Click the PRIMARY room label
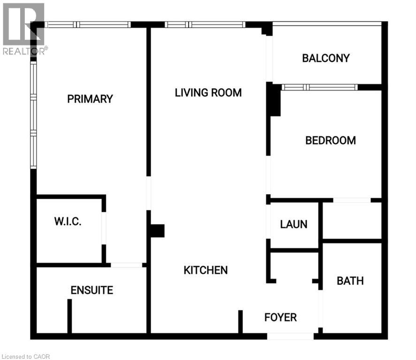90,99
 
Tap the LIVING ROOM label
208,92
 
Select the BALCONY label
326,58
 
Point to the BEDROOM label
331,140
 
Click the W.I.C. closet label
68,222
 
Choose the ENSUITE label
92,290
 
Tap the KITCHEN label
205,270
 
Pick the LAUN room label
294,224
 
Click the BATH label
350,281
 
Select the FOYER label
280,317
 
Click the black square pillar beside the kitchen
157,231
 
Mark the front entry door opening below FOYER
290,336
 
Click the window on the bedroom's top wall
319,87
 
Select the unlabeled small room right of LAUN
352,220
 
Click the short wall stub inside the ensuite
69,315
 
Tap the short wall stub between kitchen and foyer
240,321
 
